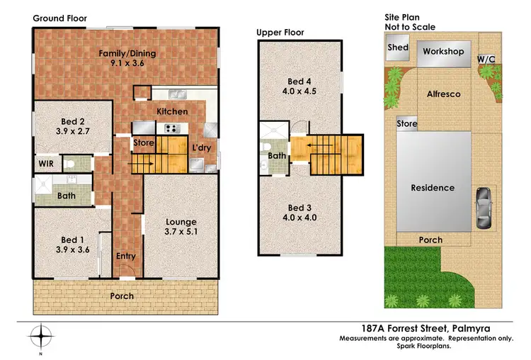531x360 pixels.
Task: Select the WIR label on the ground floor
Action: point(46,163)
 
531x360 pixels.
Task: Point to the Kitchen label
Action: point(172,111)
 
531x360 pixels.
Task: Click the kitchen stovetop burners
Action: point(171,128)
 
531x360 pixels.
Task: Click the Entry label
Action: point(125,256)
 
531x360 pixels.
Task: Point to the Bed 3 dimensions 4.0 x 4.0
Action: point(300,218)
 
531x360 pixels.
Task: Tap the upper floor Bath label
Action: point(277,156)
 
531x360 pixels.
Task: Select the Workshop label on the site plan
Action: point(443,52)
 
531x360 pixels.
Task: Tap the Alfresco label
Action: point(443,94)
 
